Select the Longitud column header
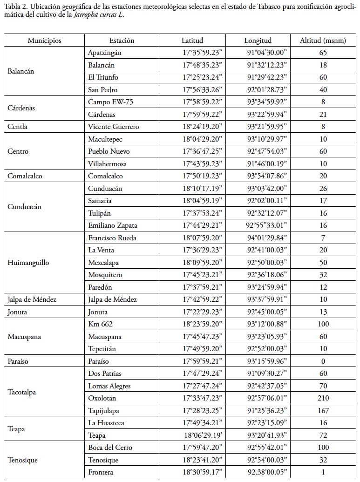tap(258, 41)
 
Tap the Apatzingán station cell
tap(108, 53)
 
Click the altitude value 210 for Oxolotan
tap(323, 398)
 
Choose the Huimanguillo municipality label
tap(29, 263)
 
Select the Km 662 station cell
tap(101, 324)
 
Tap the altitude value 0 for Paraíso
tap(323, 361)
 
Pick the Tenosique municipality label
tap(22, 460)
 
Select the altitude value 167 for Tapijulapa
tap(323, 410)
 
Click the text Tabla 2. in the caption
tap(15, 6)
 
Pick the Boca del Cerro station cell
tap(110, 448)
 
